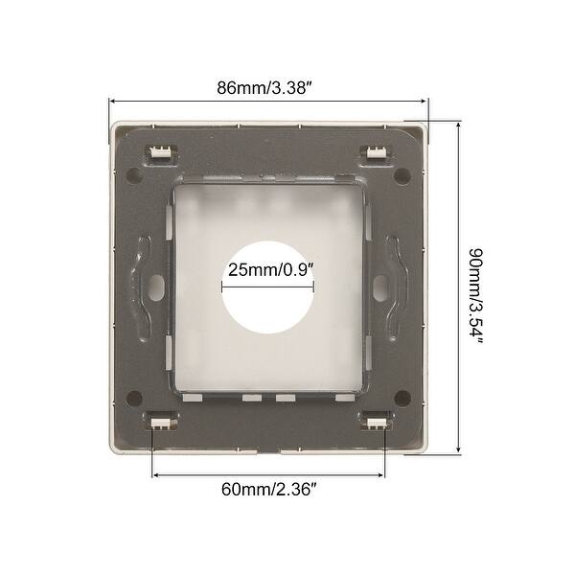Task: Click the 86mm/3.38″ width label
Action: [x=268, y=87]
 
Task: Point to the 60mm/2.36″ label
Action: [x=269, y=489]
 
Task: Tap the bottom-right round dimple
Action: [x=406, y=394]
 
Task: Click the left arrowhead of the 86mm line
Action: [x=113, y=101]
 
